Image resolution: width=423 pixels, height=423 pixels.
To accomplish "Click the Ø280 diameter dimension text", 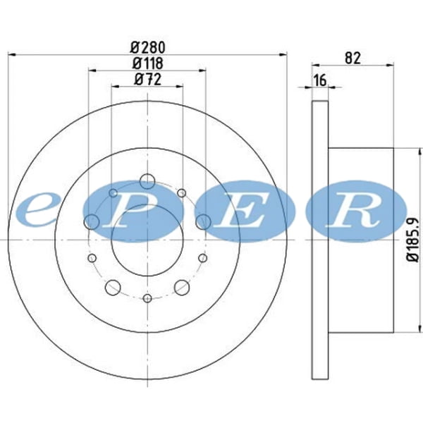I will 147,48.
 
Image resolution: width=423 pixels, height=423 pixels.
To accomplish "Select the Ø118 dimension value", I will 147,63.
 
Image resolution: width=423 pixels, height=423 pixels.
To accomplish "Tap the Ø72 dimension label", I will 147,80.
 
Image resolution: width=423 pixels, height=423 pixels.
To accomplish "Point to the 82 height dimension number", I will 354,59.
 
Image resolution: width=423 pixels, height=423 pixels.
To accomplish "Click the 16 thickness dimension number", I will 320,80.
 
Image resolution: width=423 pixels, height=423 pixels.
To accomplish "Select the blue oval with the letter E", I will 244,211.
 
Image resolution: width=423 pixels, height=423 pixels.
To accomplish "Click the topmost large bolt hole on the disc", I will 147,182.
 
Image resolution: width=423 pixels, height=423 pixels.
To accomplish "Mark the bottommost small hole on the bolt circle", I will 147,298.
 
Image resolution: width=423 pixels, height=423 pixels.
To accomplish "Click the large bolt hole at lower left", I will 112,287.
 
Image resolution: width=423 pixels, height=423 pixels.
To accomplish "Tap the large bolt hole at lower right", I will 182,287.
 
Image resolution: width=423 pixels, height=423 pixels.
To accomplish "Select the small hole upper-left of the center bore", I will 113,192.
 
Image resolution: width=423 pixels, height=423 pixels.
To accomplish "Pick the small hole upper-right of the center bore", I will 181,192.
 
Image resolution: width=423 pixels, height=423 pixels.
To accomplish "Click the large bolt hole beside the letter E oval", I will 203,222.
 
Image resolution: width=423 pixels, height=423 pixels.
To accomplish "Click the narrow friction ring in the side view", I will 320,240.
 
